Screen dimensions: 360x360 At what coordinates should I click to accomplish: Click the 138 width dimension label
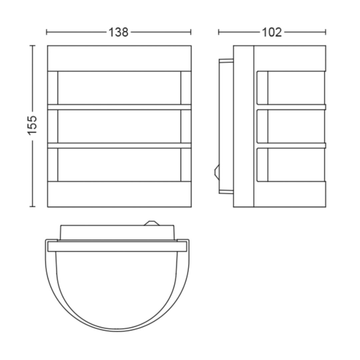point(118,32)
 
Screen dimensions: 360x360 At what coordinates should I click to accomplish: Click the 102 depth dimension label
point(272,32)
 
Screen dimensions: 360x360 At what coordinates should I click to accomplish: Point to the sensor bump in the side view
point(217,172)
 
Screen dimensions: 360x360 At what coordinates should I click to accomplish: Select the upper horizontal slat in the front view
point(119,107)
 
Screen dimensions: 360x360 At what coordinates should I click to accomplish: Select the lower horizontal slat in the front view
point(119,146)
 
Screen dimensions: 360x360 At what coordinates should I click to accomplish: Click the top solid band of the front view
point(119,58)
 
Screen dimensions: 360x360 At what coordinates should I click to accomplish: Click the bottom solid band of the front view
point(119,194)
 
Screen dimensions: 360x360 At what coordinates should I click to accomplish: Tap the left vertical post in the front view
point(53,126)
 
